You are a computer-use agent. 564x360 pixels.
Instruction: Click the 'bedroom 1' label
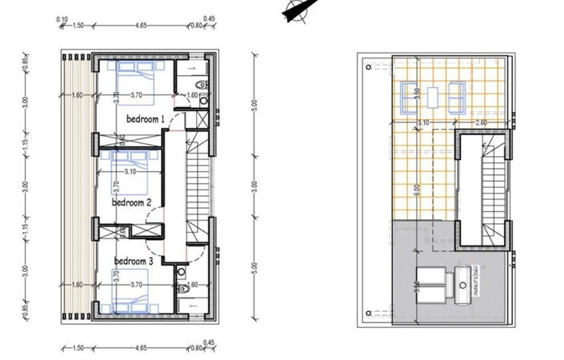tap(145, 119)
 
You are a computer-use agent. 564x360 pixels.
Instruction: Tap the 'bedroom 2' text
tap(132, 203)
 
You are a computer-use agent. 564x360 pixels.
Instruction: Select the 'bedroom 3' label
tap(134, 262)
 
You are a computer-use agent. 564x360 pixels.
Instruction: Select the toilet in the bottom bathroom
tap(182, 286)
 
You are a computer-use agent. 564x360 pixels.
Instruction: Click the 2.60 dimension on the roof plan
tap(481, 122)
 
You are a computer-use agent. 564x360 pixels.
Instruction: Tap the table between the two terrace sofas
tap(433, 97)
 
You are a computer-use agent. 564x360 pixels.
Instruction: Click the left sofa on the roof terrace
tap(410, 96)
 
